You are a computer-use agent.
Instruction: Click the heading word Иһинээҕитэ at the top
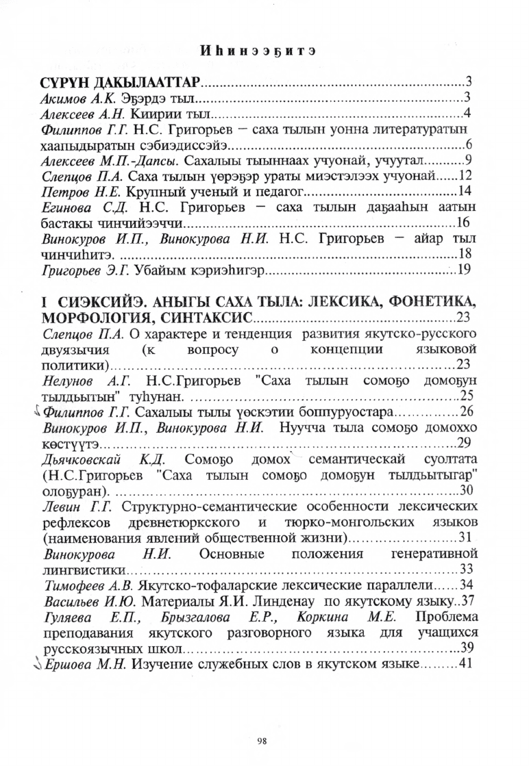[264, 50]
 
